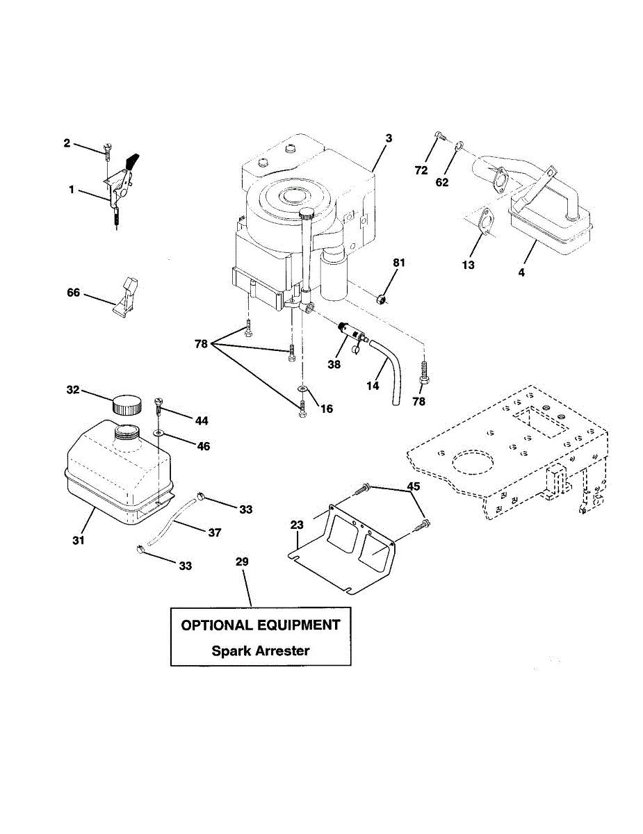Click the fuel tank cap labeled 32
click(x=127, y=404)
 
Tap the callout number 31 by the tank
click(x=79, y=539)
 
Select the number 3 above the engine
click(x=389, y=139)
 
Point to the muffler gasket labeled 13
click(x=485, y=222)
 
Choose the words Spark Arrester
click(x=261, y=651)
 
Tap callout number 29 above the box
click(x=242, y=562)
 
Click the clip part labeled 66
click(x=126, y=297)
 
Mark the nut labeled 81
click(x=380, y=300)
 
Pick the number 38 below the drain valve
click(x=334, y=364)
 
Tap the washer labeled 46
click(x=159, y=432)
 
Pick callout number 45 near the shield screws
click(x=414, y=487)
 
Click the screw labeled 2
click(x=106, y=147)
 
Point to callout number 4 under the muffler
click(x=521, y=272)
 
